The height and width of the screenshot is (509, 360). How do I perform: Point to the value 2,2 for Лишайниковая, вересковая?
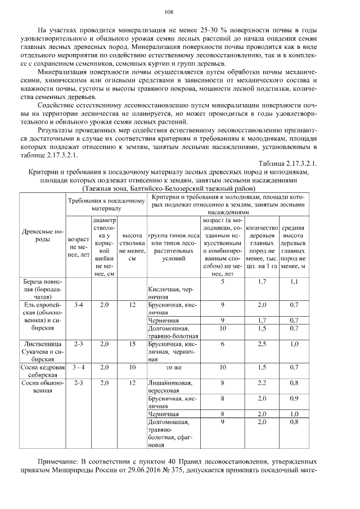pos(262,384)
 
